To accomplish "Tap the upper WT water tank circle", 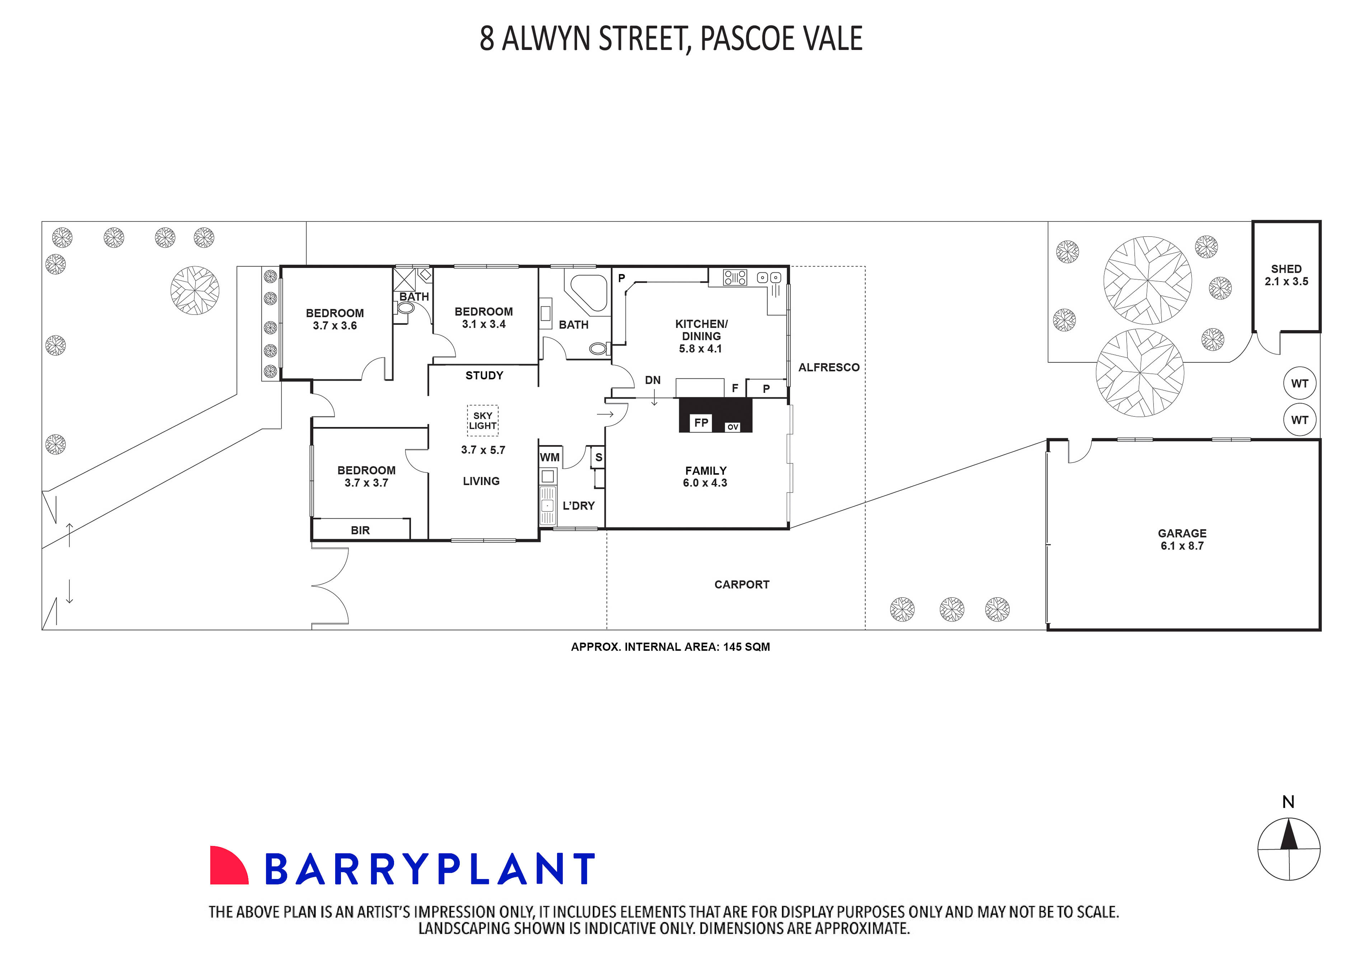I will coord(1299,384).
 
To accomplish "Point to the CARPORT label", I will coord(741,584).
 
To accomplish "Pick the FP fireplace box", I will coord(701,422).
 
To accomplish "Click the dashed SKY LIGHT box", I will coord(482,420).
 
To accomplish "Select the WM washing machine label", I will coord(549,457).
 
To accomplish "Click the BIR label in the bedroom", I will coord(360,530).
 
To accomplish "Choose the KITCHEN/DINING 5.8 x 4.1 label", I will coord(701,336).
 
